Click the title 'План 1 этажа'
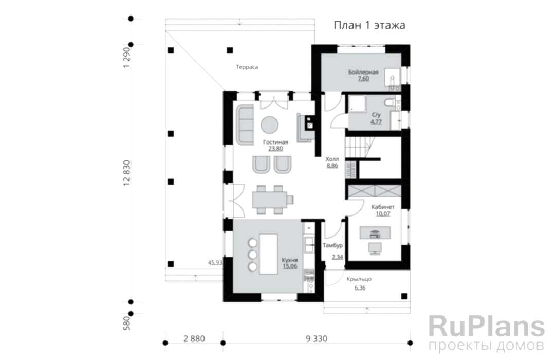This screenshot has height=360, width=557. (x=369, y=25)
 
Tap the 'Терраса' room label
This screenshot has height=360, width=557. (x=247, y=67)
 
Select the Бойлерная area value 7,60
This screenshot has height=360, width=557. (x=363, y=79)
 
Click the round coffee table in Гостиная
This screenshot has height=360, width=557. (x=270, y=125)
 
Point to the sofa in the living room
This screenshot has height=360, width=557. (x=245, y=124)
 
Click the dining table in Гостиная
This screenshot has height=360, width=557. (x=270, y=200)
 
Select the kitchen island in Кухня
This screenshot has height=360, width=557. (x=269, y=254)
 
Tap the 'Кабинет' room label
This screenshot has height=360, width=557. (x=383, y=207)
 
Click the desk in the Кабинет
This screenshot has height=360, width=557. (x=375, y=233)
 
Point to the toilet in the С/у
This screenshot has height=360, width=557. (x=389, y=103)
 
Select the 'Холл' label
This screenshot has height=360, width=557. (x=332, y=159)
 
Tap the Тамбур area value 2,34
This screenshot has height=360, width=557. (x=338, y=257)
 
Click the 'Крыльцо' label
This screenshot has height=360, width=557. (x=359, y=279)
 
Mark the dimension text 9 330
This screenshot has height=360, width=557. (x=317, y=339)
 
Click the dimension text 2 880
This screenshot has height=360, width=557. (x=194, y=339)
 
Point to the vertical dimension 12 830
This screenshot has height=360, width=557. (x=127, y=174)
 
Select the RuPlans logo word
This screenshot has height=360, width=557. (x=486, y=326)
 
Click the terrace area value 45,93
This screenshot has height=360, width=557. (x=215, y=263)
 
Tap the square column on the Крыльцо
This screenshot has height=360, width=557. (x=404, y=296)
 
